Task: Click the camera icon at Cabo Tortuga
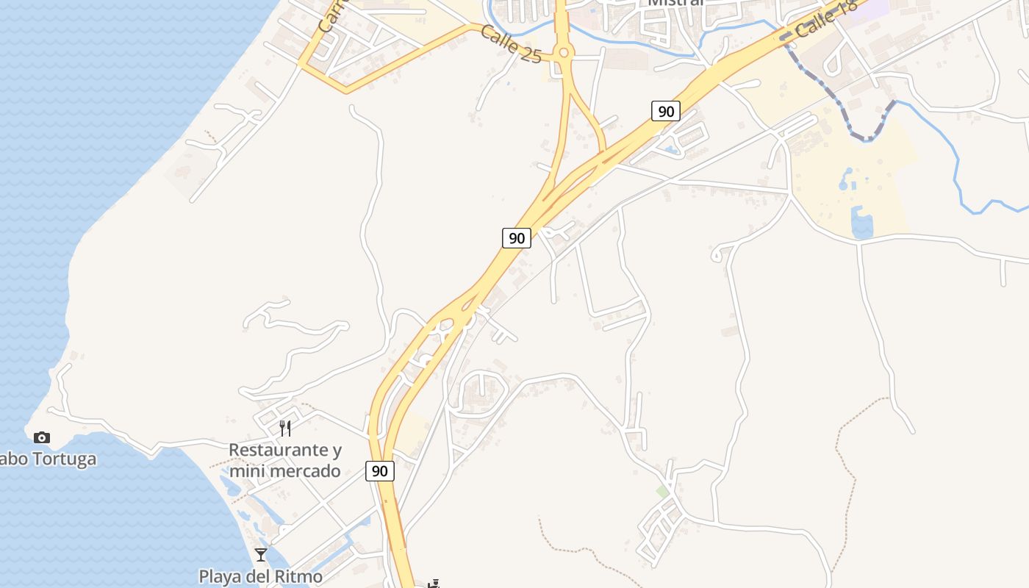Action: (x=42, y=437)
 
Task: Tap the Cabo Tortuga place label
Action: (x=48, y=459)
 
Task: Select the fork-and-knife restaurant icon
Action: (x=285, y=428)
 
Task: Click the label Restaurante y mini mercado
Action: (x=284, y=460)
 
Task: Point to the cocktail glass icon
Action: (x=261, y=554)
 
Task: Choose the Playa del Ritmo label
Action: (x=260, y=576)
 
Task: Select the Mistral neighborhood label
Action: (x=675, y=3)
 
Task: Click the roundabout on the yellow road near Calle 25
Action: (x=564, y=52)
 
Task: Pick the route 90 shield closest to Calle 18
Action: (x=665, y=111)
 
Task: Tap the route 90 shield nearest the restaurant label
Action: (x=379, y=471)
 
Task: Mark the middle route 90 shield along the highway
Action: (x=517, y=237)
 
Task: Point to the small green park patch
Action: (x=663, y=491)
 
